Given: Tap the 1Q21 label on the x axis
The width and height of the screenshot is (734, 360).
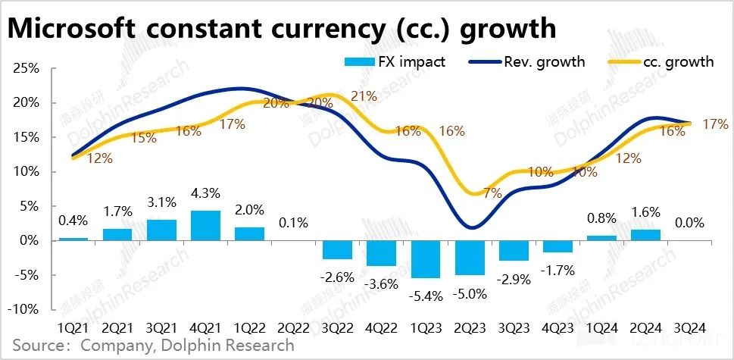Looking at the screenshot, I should [73, 328].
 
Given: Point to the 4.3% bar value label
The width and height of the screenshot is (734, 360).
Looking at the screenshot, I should [205, 203].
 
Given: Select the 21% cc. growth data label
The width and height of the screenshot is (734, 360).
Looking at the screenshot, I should [364, 96].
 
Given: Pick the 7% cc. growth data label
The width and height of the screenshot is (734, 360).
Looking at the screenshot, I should [492, 193].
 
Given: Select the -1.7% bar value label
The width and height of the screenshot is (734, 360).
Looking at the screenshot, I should [557, 269].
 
